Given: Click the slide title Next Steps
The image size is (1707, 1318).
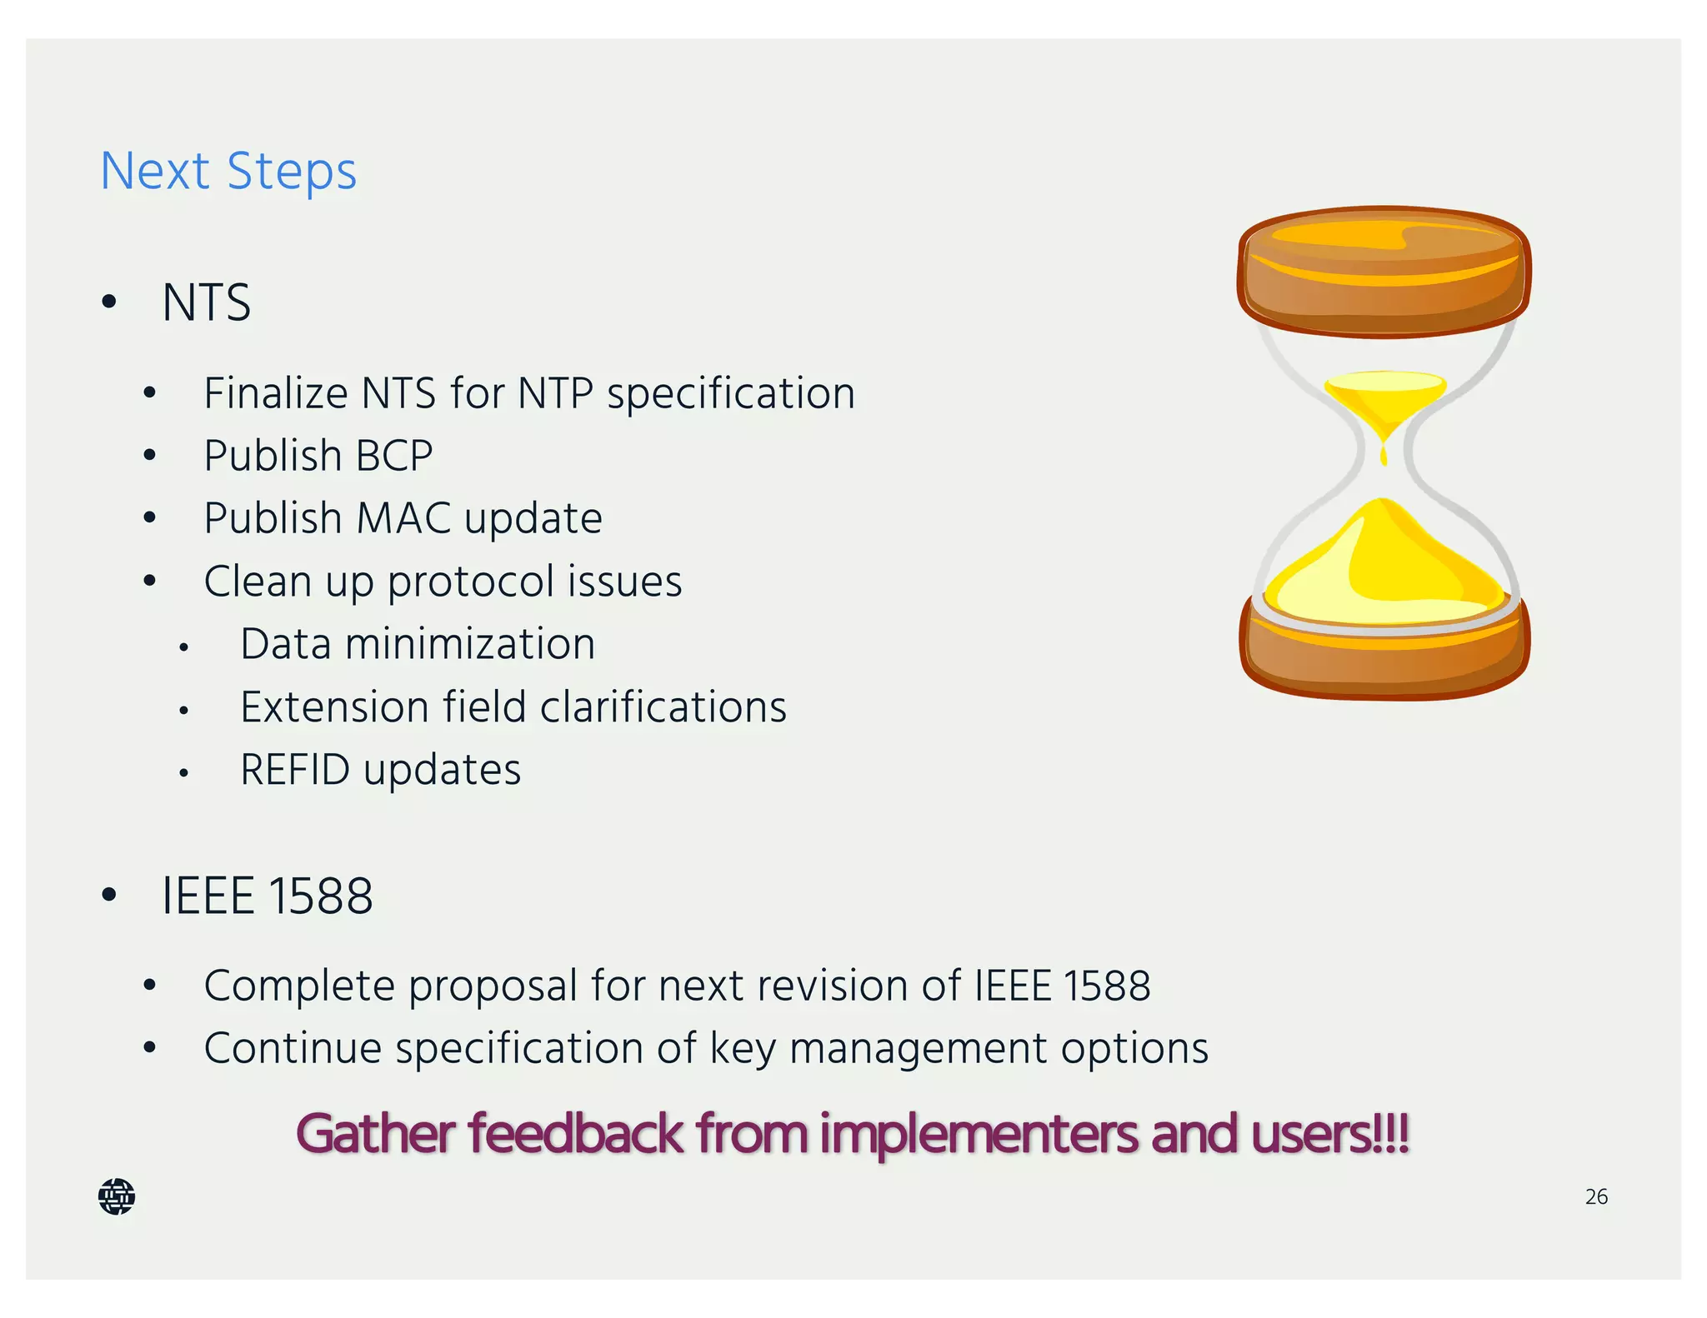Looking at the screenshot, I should [x=228, y=172].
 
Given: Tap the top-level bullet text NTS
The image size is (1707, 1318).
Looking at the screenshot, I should [x=206, y=302].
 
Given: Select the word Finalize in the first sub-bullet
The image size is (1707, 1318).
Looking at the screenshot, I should [x=275, y=393].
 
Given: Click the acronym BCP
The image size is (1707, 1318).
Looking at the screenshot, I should [x=393, y=456].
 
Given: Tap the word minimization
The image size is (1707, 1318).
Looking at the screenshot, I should [x=470, y=644].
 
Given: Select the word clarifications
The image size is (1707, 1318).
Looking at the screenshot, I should [x=663, y=707].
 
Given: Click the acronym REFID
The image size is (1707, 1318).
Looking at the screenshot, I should [x=295, y=770].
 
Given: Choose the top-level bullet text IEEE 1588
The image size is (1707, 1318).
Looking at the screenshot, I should [x=267, y=896].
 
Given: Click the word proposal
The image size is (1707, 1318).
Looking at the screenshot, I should [x=493, y=986].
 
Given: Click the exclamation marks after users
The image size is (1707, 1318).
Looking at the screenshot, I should [x=1393, y=1134].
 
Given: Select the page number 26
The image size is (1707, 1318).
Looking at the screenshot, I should [x=1596, y=1197].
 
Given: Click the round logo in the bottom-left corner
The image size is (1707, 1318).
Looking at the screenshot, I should [x=117, y=1196].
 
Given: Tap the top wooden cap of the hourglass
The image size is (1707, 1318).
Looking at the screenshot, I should [x=1384, y=271].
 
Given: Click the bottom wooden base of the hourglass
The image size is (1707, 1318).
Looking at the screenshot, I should [x=1384, y=658].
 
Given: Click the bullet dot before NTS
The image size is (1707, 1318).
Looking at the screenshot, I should [x=109, y=302].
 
